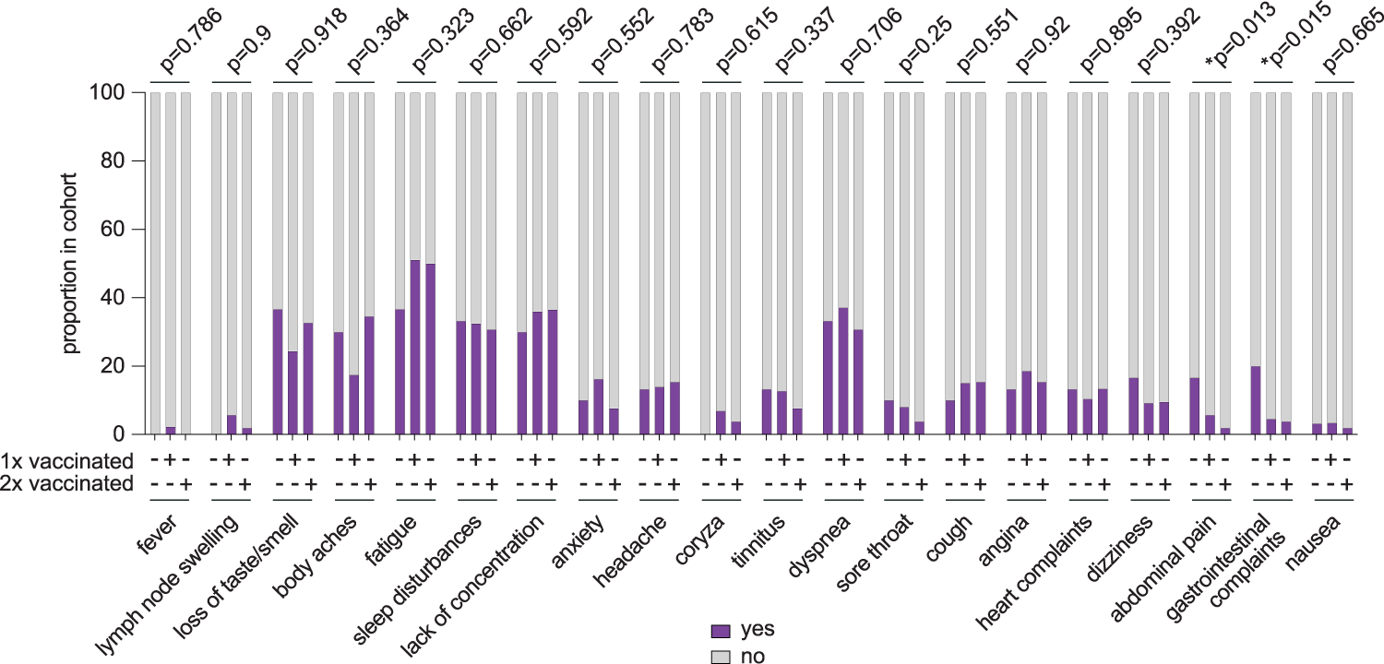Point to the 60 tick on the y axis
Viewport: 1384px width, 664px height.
tap(118, 230)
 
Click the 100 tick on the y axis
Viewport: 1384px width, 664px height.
tap(114, 93)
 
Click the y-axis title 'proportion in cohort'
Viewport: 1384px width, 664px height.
tap(71, 263)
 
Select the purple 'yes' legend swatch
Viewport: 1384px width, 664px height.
tap(721, 631)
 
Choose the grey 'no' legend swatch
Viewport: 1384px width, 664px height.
tap(721, 656)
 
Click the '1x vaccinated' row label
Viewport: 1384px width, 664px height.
tap(67, 460)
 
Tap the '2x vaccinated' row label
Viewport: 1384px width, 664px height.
tap(67, 484)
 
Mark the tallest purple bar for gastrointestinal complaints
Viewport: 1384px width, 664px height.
tap(1256, 400)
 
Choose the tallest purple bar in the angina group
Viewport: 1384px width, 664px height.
tap(1027, 402)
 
